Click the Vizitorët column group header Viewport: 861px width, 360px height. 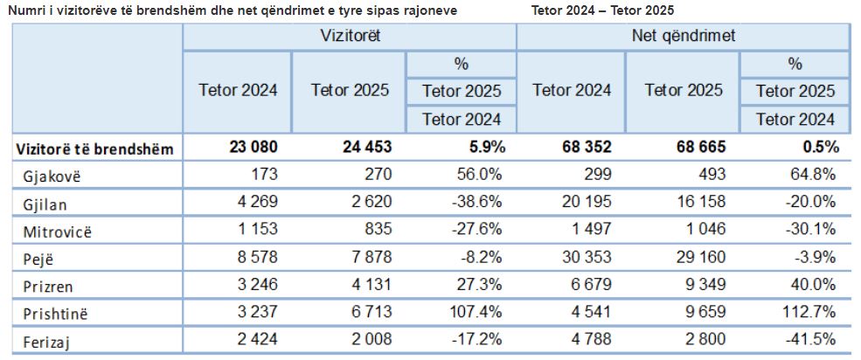(x=349, y=37)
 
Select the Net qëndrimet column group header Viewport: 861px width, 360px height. (x=683, y=37)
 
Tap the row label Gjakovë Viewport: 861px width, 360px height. (x=52, y=176)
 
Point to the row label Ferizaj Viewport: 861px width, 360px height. (x=48, y=339)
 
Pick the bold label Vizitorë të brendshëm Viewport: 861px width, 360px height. (x=95, y=148)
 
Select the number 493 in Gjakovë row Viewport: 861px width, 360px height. (x=709, y=175)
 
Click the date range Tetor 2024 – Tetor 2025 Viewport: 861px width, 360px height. (x=602, y=10)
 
